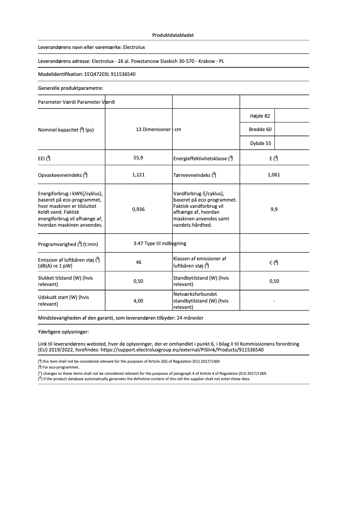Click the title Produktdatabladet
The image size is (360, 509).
tap(173, 35)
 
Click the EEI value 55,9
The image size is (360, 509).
tap(138, 158)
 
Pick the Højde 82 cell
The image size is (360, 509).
tap(260, 116)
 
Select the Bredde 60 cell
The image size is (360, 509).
tap(260, 130)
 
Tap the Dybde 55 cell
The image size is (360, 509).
tap(260, 144)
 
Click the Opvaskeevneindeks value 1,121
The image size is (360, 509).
tap(138, 175)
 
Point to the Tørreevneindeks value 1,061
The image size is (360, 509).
tap(273, 175)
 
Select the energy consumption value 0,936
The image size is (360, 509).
tap(138, 209)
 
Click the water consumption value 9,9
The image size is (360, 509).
tap(274, 209)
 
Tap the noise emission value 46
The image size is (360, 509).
tap(139, 262)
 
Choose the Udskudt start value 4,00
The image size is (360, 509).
tap(138, 301)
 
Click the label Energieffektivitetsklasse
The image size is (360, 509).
tap(200, 158)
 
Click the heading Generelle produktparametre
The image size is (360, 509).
tap(70, 88)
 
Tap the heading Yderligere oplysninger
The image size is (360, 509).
tap(63, 332)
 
